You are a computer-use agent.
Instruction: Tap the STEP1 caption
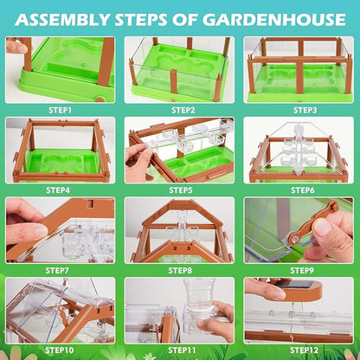[x=61, y=111]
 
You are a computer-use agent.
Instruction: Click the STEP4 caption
[x=61, y=190]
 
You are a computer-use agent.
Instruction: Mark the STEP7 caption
[x=61, y=270]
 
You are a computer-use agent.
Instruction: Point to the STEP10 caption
[x=61, y=350]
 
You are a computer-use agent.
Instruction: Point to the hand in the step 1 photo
[x=16, y=46]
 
